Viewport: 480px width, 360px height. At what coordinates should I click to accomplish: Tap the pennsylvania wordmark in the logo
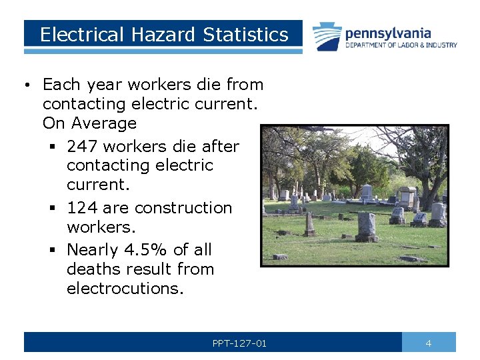click(x=388, y=33)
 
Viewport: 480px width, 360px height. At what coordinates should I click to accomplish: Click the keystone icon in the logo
click(x=328, y=36)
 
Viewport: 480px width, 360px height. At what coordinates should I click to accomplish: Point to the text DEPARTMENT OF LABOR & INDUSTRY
click(x=401, y=45)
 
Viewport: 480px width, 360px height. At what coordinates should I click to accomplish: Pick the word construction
click(x=185, y=207)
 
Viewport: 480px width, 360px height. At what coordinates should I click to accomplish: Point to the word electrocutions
click(x=124, y=289)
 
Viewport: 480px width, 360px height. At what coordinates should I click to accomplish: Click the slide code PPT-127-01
click(x=239, y=343)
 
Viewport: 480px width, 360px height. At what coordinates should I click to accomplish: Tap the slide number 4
click(x=429, y=343)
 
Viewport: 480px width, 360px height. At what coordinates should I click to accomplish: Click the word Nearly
click(x=92, y=250)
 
